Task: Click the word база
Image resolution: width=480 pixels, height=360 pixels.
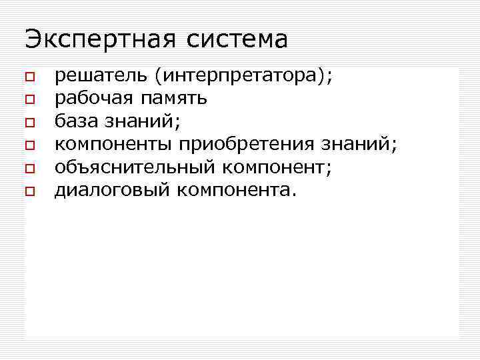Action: coord(75,121)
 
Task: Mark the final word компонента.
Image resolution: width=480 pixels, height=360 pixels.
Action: coord(236,190)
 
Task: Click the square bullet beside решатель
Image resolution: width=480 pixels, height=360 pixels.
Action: coord(29,77)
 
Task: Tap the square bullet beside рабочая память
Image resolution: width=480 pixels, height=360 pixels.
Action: coord(29,100)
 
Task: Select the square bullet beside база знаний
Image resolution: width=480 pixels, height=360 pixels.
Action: coord(29,123)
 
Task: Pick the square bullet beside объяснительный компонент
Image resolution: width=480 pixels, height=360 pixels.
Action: coord(29,169)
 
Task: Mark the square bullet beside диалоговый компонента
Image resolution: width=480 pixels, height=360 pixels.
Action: coord(29,191)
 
